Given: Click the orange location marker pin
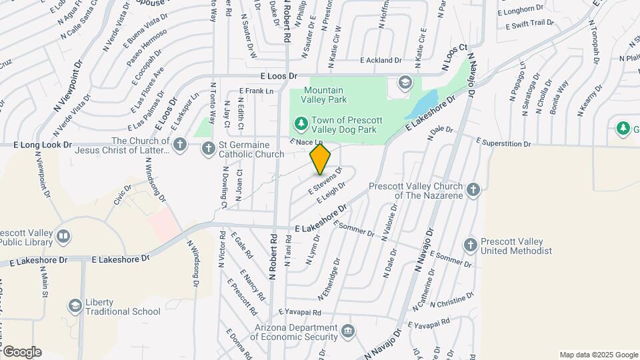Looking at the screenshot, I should tap(321, 159).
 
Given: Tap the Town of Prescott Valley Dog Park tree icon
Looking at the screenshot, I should tap(301, 123).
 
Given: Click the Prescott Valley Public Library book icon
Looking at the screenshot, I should tap(63, 236).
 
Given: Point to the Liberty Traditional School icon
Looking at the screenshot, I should tap(75, 306).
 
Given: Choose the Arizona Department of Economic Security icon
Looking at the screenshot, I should tap(347, 331).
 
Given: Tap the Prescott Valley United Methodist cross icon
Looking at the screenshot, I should tap(471, 245).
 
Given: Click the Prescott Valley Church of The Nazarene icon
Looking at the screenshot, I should tap(473, 190).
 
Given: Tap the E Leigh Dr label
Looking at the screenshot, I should tap(331, 193).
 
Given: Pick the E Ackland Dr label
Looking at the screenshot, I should tap(381, 60).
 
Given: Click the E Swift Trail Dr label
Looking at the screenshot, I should tap(530, 24).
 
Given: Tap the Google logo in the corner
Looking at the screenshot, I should tap(21, 351).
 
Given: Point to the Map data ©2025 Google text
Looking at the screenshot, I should tap(598, 355).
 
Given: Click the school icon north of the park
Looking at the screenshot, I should tap(404, 83).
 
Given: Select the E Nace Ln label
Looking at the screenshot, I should tap(306, 142).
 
